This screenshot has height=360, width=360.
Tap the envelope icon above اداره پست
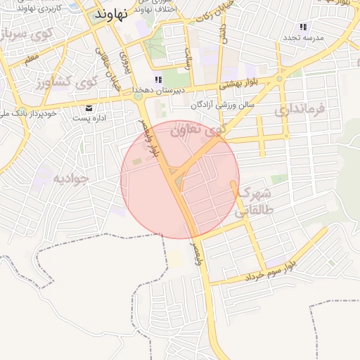(89, 108)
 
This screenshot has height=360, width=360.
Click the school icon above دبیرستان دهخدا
(158, 79)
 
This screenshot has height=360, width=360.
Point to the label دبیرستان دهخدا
(160, 90)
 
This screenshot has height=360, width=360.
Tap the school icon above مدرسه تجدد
(303, 27)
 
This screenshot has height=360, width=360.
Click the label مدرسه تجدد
(304, 37)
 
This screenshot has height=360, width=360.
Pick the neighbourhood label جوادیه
(71, 179)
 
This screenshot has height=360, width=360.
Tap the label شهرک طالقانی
(252, 201)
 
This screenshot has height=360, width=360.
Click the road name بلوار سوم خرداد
(270, 271)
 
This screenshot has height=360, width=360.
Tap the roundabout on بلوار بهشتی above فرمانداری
(280, 79)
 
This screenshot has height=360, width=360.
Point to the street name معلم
(32, 61)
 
